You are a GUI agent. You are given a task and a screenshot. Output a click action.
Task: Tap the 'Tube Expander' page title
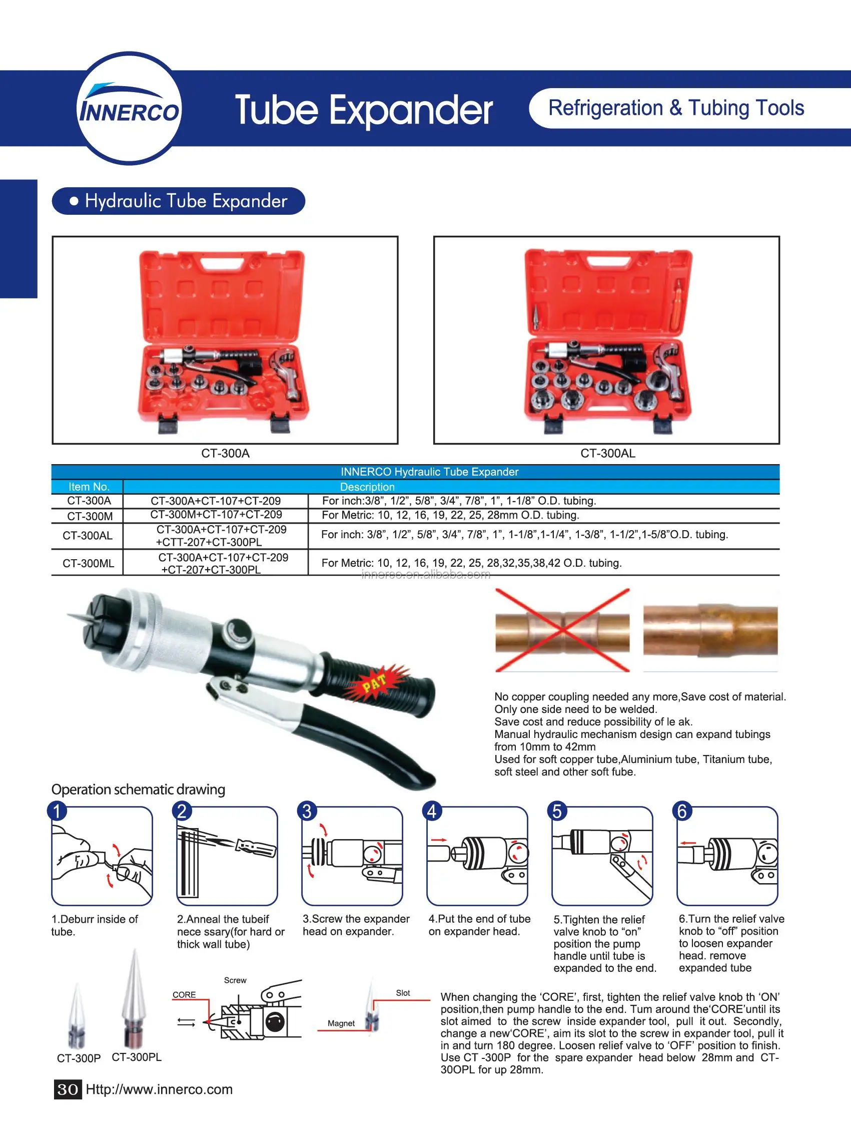(x=364, y=110)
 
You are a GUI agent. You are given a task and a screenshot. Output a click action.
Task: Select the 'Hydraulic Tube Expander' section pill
(x=178, y=201)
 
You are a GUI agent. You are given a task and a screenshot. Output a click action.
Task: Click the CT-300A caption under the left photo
(x=225, y=453)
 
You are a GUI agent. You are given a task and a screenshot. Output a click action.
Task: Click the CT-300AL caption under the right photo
(x=608, y=453)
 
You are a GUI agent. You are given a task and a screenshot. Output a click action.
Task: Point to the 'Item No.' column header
(x=89, y=487)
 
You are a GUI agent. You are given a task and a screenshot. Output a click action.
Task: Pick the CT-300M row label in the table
(x=90, y=516)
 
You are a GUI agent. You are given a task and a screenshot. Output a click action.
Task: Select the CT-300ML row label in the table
(x=88, y=563)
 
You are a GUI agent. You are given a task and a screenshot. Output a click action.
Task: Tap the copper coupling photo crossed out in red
(x=562, y=630)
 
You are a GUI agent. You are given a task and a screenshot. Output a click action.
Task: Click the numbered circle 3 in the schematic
(x=307, y=812)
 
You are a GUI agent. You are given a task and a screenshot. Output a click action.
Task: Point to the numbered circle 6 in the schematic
(x=682, y=812)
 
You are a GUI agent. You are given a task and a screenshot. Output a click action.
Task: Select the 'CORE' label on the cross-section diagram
(x=184, y=994)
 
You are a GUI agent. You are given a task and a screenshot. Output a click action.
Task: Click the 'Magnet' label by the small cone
(x=341, y=1023)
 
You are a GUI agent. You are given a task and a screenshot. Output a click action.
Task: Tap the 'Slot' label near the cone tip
(x=403, y=993)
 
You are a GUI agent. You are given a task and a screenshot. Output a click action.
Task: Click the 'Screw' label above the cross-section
(x=235, y=980)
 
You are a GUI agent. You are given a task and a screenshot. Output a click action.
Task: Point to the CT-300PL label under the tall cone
(x=137, y=1057)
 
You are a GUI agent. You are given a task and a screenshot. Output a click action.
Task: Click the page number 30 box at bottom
(x=68, y=1089)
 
